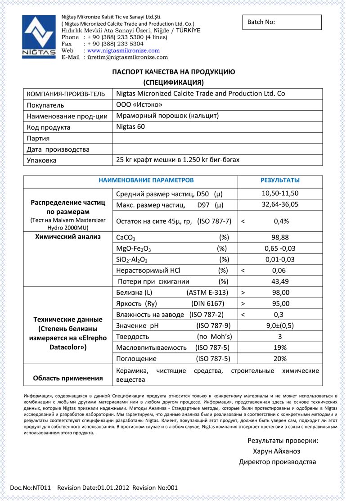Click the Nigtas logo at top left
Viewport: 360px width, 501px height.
(x=39, y=36)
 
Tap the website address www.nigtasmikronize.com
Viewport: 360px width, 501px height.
(x=123, y=51)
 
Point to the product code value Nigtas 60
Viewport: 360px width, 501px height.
(x=130, y=127)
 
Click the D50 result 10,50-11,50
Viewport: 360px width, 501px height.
(x=280, y=194)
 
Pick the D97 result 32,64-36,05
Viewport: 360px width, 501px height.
(x=280, y=204)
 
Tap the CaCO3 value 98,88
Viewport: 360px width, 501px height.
(x=280, y=237)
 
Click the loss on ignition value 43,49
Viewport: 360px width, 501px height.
(x=280, y=281)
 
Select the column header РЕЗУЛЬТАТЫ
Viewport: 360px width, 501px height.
(x=280, y=180)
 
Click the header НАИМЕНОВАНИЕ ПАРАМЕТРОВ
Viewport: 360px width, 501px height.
(x=146, y=180)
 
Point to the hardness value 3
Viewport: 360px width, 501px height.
(x=280, y=337)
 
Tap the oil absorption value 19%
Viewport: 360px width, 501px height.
(x=280, y=348)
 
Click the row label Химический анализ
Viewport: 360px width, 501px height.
(x=67, y=237)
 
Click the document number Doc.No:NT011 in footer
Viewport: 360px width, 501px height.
(x=31, y=487)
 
